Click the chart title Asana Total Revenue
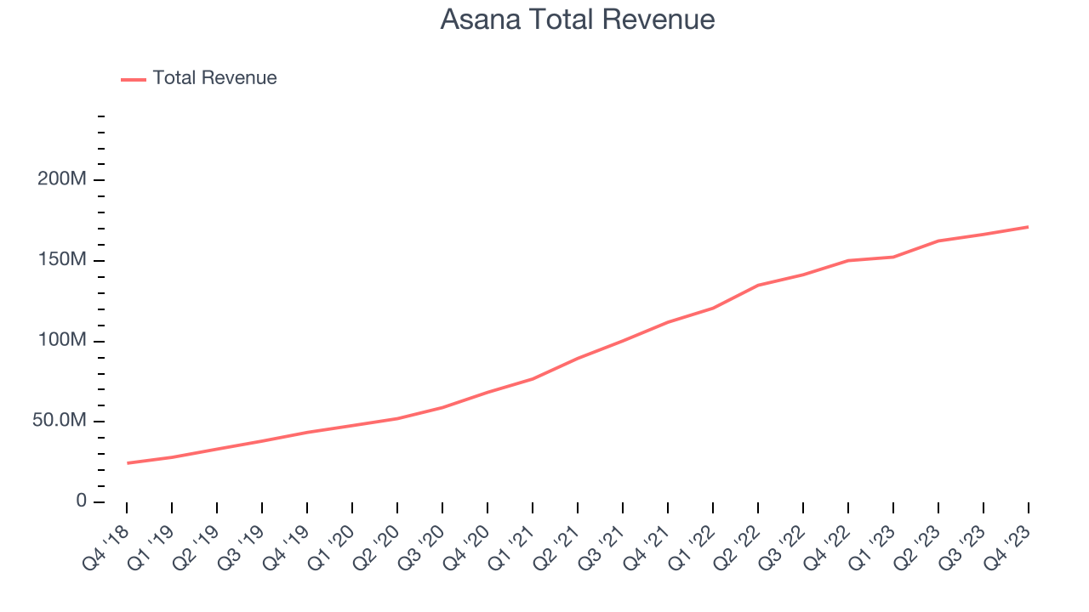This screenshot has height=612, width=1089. tap(577, 20)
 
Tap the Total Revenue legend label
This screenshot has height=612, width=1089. tap(214, 78)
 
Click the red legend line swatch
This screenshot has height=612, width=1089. tap(134, 79)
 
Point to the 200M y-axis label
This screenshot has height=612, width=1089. tap(62, 180)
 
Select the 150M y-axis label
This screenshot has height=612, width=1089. tap(62, 260)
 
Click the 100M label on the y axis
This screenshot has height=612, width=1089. tap(62, 341)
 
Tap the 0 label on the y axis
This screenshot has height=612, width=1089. tap(81, 501)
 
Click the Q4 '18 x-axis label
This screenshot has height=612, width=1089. tap(105, 546)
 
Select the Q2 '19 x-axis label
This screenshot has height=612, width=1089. tap(195, 546)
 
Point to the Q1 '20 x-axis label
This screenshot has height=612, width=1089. tap(330, 546)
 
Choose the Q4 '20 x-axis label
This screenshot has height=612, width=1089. tap(465, 546)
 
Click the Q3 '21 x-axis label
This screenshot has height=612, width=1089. tap(601, 546)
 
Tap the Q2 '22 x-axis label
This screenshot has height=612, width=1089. tap(736, 546)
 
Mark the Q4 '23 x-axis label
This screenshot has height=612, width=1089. tap(1006, 546)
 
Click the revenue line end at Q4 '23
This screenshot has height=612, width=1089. tap(1029, 227)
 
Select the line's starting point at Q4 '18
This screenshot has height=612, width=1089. tap(128, 463)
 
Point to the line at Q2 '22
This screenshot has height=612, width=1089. tap(758, 285)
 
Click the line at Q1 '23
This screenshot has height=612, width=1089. tap(893, 257)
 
